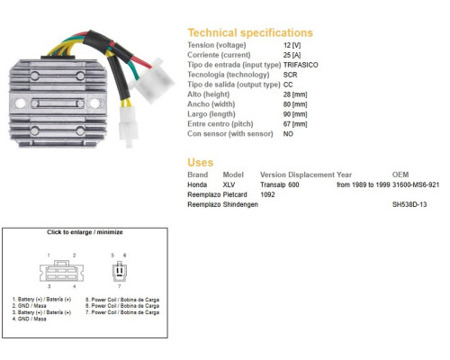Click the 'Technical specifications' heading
pyautogui.click(x=250, y=32)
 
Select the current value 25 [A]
pyautogui.click(x=292, y=55)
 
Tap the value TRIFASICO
pyautogui.click(x=301, y=65)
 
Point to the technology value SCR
pyautogui.click(x=290, y=75)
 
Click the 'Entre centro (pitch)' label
pyautogui.click(x=220, y=124)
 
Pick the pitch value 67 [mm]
pyautogui.click(x=295, y=124)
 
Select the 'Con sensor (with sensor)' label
pyautogui.click(x=230, y=134)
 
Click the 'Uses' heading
pyautogui.click(x=201, y=163)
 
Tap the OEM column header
pyautogui.click(x=400, y=175)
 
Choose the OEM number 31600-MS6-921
pyautogui.click(x=416, y=184)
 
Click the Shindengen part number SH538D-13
pyautogui.click(x=409, y=204)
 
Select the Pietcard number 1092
pyautogui.click(x=267, y=194)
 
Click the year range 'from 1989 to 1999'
pyautogui.click(x=364, y=184)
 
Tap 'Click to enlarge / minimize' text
pyautogui.click(x=85, y=232)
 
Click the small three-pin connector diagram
pyautogui.click(x=120, y=271)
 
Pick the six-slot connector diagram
pyautogui.click(x=61, y=271)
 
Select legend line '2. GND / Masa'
pyautogui.click(x=29, y=306)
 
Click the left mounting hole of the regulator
pyautogui.click(x=20, y=103)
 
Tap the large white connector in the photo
pyautogui.click(x=152, y=80)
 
